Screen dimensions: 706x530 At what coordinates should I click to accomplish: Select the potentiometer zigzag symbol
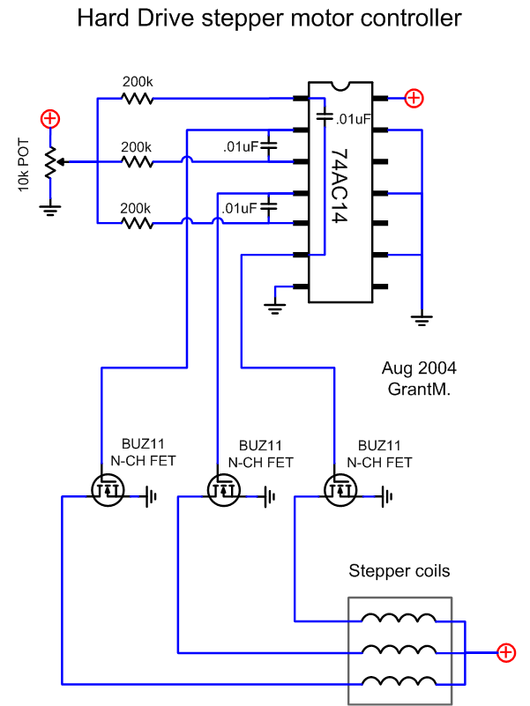[x=51, y=161]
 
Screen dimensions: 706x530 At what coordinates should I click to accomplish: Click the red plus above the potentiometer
[x=51, y=118]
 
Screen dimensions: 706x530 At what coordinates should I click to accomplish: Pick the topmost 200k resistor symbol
[x=138, y=99]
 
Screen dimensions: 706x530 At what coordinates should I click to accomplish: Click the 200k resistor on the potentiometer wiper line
[x=138, y=162]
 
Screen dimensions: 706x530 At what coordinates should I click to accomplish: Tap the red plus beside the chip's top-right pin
[x=414, y=99]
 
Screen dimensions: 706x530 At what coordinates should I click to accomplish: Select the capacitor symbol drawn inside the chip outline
[x=324, y=115]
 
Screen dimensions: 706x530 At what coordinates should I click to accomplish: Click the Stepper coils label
[x=399, y=571]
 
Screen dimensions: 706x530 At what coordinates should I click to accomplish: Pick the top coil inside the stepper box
[x=399, y=619]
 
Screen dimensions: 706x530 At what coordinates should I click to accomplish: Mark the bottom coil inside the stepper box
[x=399, y=682]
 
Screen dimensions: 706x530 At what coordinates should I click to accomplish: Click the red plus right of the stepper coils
[x=505, y=652]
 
